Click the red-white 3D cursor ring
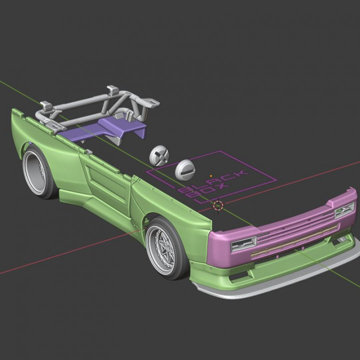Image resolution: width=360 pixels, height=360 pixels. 218,205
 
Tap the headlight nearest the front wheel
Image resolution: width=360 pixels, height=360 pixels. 243,244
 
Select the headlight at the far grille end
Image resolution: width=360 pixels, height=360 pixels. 344,210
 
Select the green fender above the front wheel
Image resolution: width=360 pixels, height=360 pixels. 170,207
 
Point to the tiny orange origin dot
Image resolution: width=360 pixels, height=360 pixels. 211,176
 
